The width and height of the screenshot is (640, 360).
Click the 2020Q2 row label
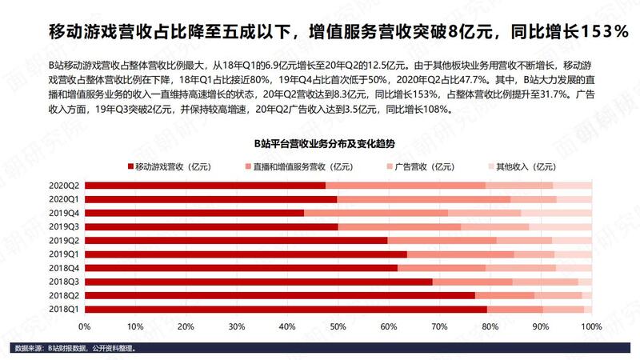pos(63,185)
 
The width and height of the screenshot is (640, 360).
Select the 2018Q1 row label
pos(63,309)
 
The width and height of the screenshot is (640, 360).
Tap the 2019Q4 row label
pos(63,213)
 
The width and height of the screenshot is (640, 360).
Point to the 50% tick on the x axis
pos(338,326)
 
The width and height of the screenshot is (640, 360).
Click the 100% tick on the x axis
pos(590,326)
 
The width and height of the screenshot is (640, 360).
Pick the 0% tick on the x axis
pos(85,326)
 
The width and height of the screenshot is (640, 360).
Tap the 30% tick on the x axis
pos(237,326)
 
